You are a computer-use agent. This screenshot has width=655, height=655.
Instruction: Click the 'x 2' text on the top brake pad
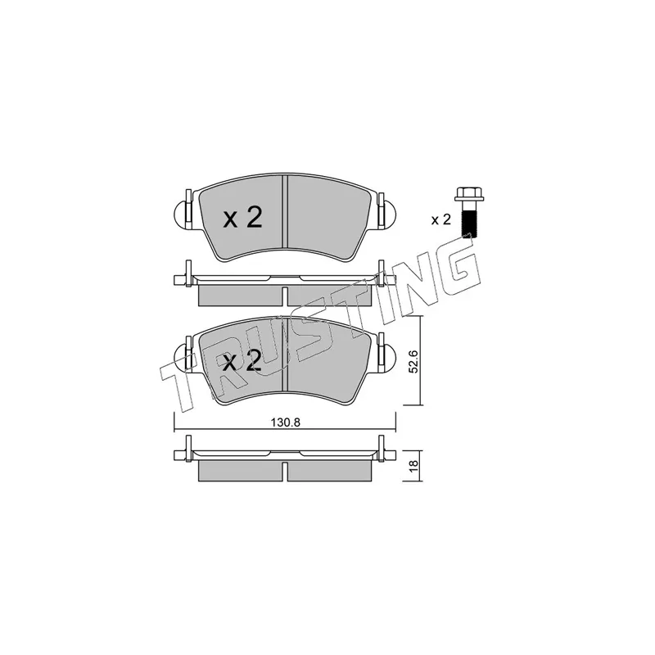(x=243, y=218)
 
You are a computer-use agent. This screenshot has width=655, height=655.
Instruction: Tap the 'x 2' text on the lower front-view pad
(x=243, y=361)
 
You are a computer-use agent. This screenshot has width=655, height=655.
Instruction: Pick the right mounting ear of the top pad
(x=386, y=215)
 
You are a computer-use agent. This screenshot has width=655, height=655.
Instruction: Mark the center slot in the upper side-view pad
(x=284, y=296)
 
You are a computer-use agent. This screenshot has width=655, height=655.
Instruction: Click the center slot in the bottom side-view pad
(x=284, y=470)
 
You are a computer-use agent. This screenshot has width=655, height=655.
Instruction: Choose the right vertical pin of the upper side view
(x=381, y=273)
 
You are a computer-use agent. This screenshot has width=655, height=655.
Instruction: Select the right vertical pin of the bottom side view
(x=381, y=449)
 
